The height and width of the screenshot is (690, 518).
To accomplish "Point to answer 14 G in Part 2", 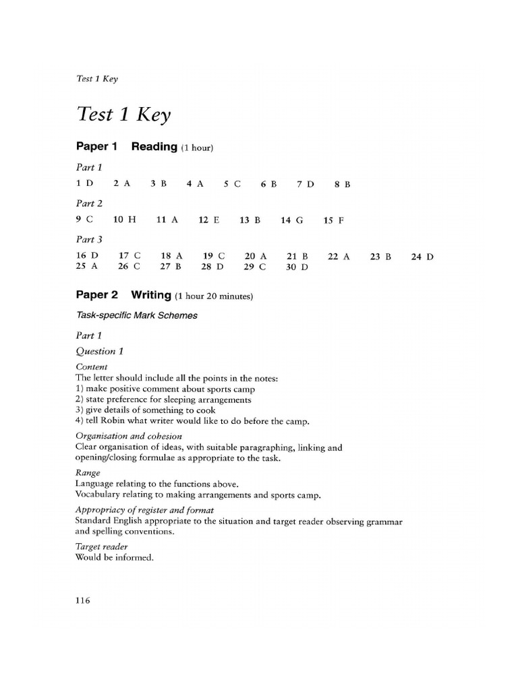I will pos(292,220).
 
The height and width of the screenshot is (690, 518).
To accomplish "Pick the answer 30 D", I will pos(297,267).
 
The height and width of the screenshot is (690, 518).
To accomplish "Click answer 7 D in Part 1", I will pos(306,183).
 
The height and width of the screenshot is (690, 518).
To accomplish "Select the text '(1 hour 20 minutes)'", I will pos(214,296).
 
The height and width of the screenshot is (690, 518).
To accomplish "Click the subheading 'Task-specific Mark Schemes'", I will pos(137,315).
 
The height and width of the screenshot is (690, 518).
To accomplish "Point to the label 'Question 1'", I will pos(99,350).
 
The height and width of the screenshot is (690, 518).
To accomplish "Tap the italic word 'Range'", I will pos(88,473).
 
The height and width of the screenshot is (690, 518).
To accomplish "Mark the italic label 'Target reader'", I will pos(102,546).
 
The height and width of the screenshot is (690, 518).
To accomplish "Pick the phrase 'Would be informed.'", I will pos(111,557).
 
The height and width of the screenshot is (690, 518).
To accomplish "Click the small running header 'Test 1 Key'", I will pos(97,78).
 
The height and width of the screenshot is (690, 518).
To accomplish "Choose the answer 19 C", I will pos(213,256).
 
